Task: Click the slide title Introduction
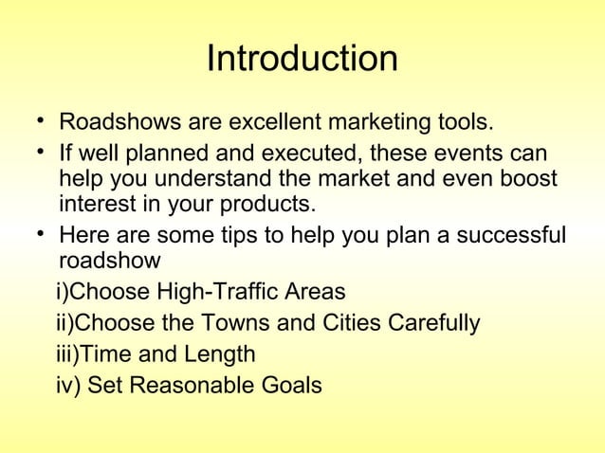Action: tap(302, 60)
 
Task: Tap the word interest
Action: tap(96, 206)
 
